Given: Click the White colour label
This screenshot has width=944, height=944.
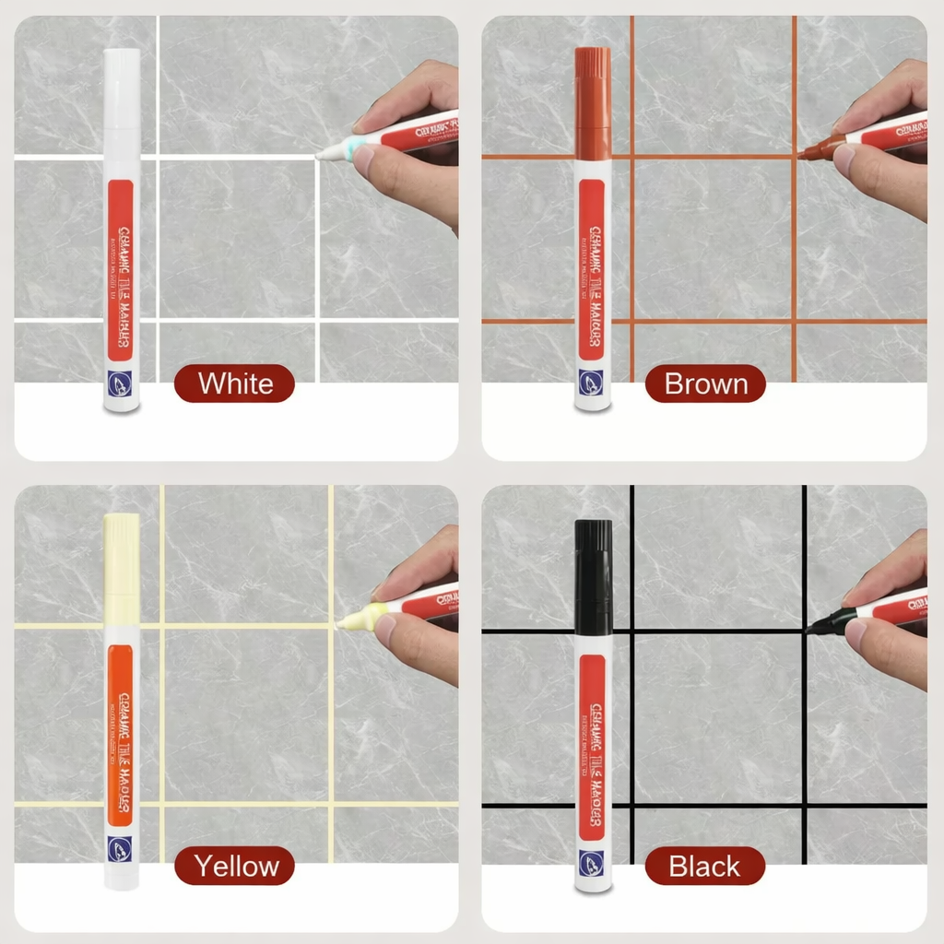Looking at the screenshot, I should coord(234,383).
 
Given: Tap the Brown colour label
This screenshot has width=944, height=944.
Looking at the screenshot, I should coord(705,383).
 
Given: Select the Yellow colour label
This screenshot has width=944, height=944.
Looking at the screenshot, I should coord(234,867).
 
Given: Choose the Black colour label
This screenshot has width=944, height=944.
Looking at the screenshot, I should coord(705,867).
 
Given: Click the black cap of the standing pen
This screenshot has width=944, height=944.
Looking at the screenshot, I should coord(593,576).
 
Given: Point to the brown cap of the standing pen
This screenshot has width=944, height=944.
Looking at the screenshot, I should coord(593,101).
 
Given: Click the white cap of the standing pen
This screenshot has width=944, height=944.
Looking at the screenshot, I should coord(122,92).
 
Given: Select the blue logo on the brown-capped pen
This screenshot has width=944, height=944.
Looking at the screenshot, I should coord(592,382).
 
